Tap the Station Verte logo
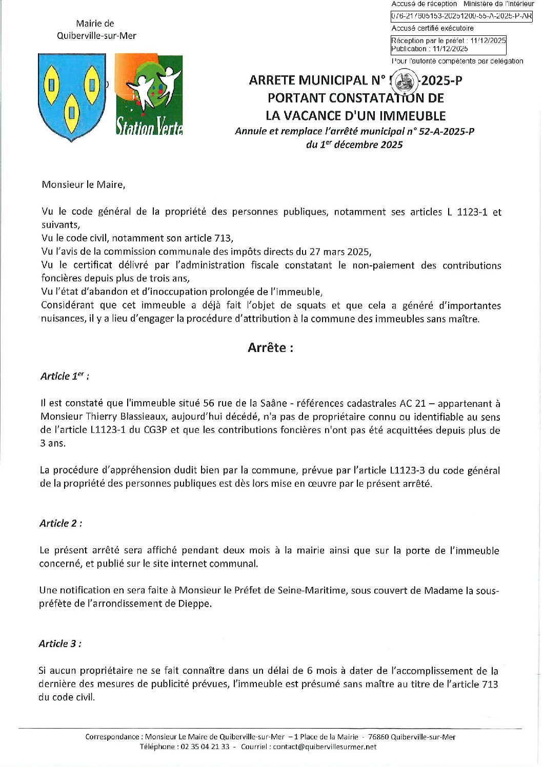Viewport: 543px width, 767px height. (149, 95)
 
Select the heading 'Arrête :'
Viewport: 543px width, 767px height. (270, 348)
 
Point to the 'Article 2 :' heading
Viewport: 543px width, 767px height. (61, 523)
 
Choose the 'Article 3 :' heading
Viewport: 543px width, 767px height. (59, 644)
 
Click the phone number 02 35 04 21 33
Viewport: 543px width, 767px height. (205, 747)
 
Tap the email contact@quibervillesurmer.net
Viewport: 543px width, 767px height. (324, 747)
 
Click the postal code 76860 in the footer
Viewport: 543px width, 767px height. (378, 737)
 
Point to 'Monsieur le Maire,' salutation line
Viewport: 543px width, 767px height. (84, 184)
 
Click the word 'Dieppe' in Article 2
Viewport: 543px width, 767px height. (195, 604)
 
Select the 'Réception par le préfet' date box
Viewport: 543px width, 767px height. (448, 45)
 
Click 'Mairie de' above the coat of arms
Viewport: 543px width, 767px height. (95, 24)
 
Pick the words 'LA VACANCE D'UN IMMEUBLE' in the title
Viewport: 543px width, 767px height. (355, 116)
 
